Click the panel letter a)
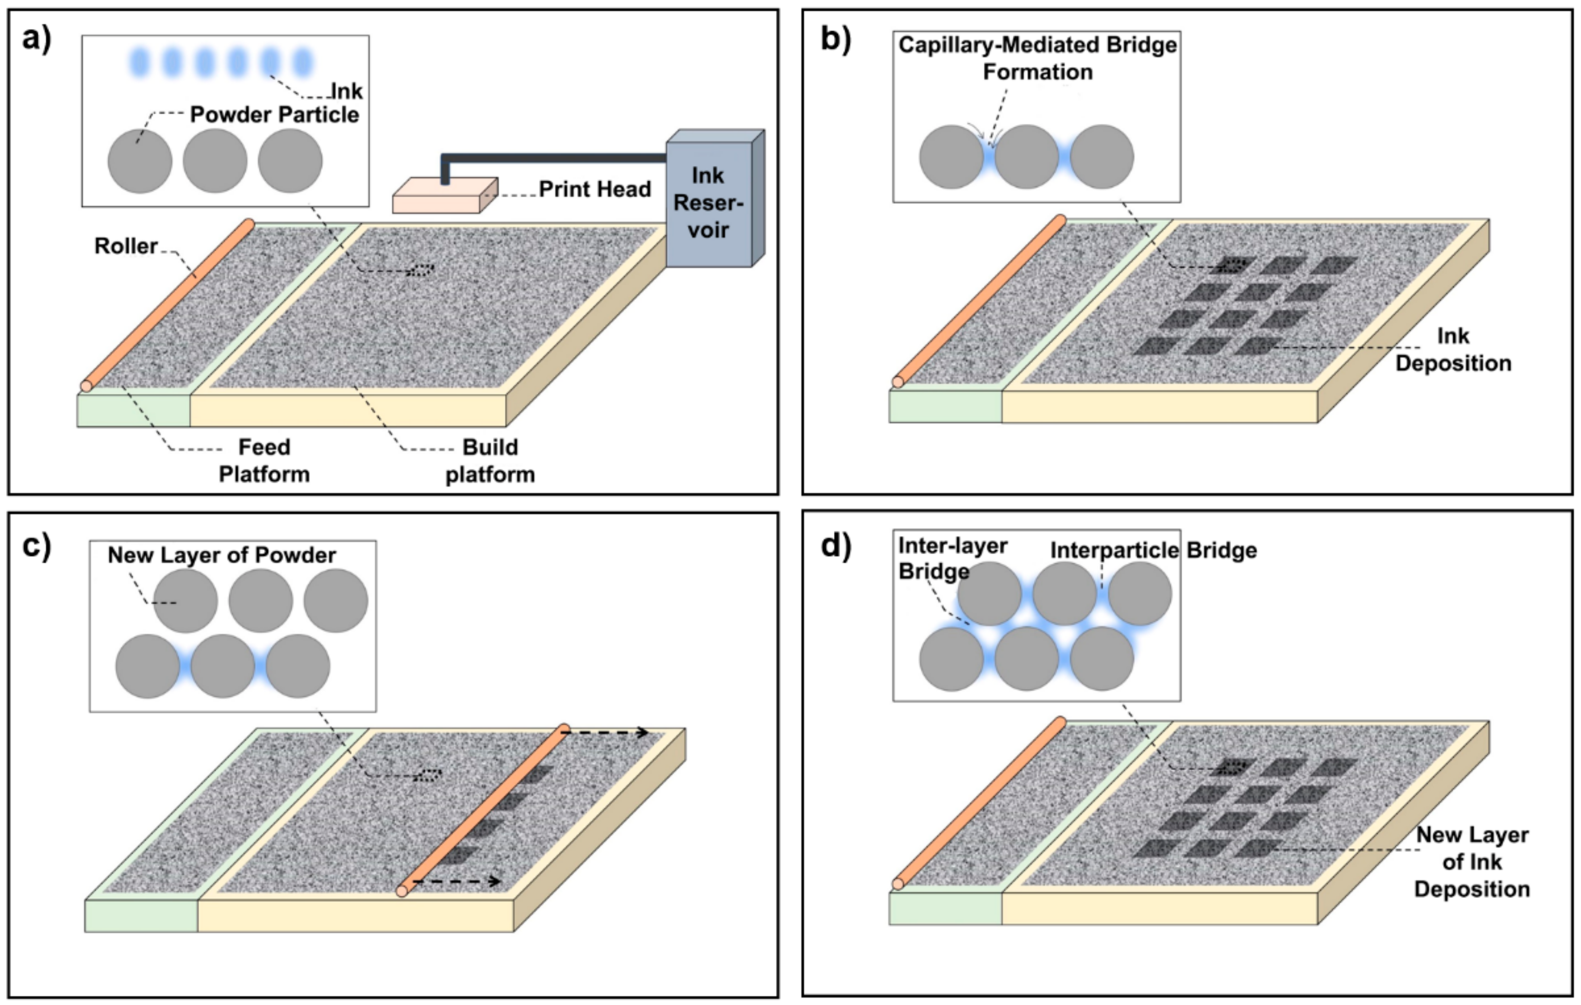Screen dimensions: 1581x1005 (37, 40)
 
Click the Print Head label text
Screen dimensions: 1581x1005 (595, 189)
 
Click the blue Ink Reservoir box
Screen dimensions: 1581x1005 (715, 198)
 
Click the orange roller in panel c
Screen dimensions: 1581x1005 (482, 809)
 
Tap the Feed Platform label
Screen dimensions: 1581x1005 (264, 461)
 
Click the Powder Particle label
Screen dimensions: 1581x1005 (274, 114)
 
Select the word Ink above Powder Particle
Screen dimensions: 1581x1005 (347, 91)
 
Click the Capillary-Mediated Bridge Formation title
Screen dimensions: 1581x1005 (1037, 58)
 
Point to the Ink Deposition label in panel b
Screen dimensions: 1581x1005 (1453, 350)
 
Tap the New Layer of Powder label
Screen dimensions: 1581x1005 (222, 555)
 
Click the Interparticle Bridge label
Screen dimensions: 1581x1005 (1153, 550)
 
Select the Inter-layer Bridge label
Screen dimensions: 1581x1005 (952, 558)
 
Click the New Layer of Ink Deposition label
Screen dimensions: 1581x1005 (1472, 861)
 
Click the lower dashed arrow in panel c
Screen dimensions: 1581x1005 (457, 881)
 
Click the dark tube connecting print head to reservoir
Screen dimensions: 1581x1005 (555, 158)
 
